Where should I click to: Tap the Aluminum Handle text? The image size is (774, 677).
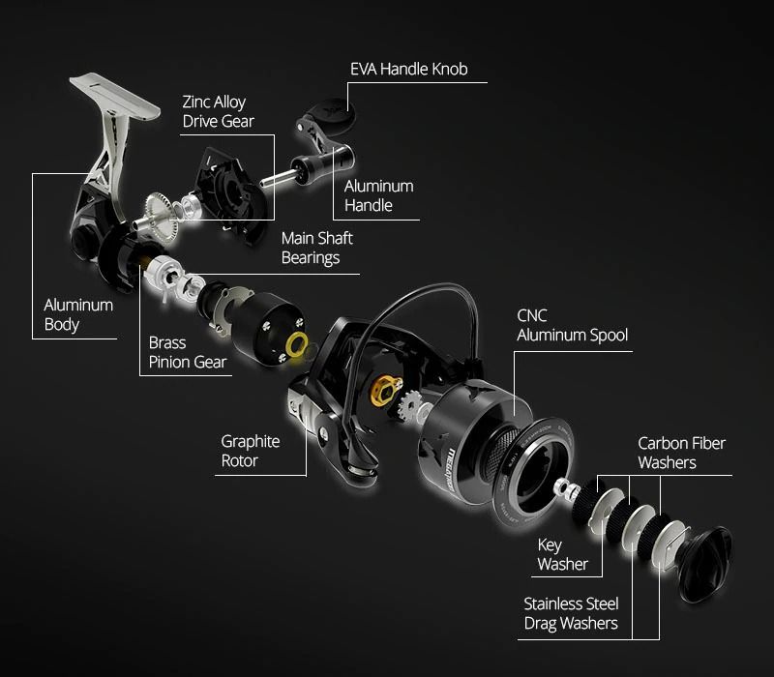[x=379, y=195]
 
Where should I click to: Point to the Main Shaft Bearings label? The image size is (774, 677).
[x=316, y=248]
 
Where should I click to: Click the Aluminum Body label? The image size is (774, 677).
[x=78, y=314]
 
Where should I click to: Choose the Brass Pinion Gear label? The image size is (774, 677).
[x=188, y=352]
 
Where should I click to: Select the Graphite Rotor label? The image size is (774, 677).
[x=251, y=451]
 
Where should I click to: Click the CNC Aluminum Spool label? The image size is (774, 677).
[x=572, y=326]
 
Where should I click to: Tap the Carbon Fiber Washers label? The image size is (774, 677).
[x=681, y=453]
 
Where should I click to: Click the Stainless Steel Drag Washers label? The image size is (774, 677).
[x=571, y=613]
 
